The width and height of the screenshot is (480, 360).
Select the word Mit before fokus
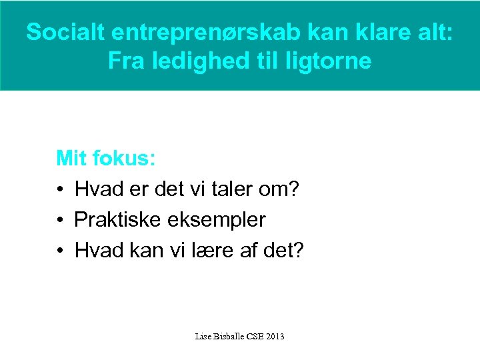click(72, 159)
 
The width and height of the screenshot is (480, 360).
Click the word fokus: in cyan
click(125, 159)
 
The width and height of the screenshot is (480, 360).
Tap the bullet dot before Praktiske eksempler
click(60, 220)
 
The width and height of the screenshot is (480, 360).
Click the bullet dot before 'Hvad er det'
click(60, 190)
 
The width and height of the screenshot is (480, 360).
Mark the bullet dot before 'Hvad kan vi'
click(60, 251)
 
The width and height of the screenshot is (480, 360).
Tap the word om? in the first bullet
click(281, 189)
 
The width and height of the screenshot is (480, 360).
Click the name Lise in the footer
click(202, 336)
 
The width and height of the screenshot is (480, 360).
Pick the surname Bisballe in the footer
click(229, 336)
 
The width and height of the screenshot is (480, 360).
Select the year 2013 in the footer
click(275, 336)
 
